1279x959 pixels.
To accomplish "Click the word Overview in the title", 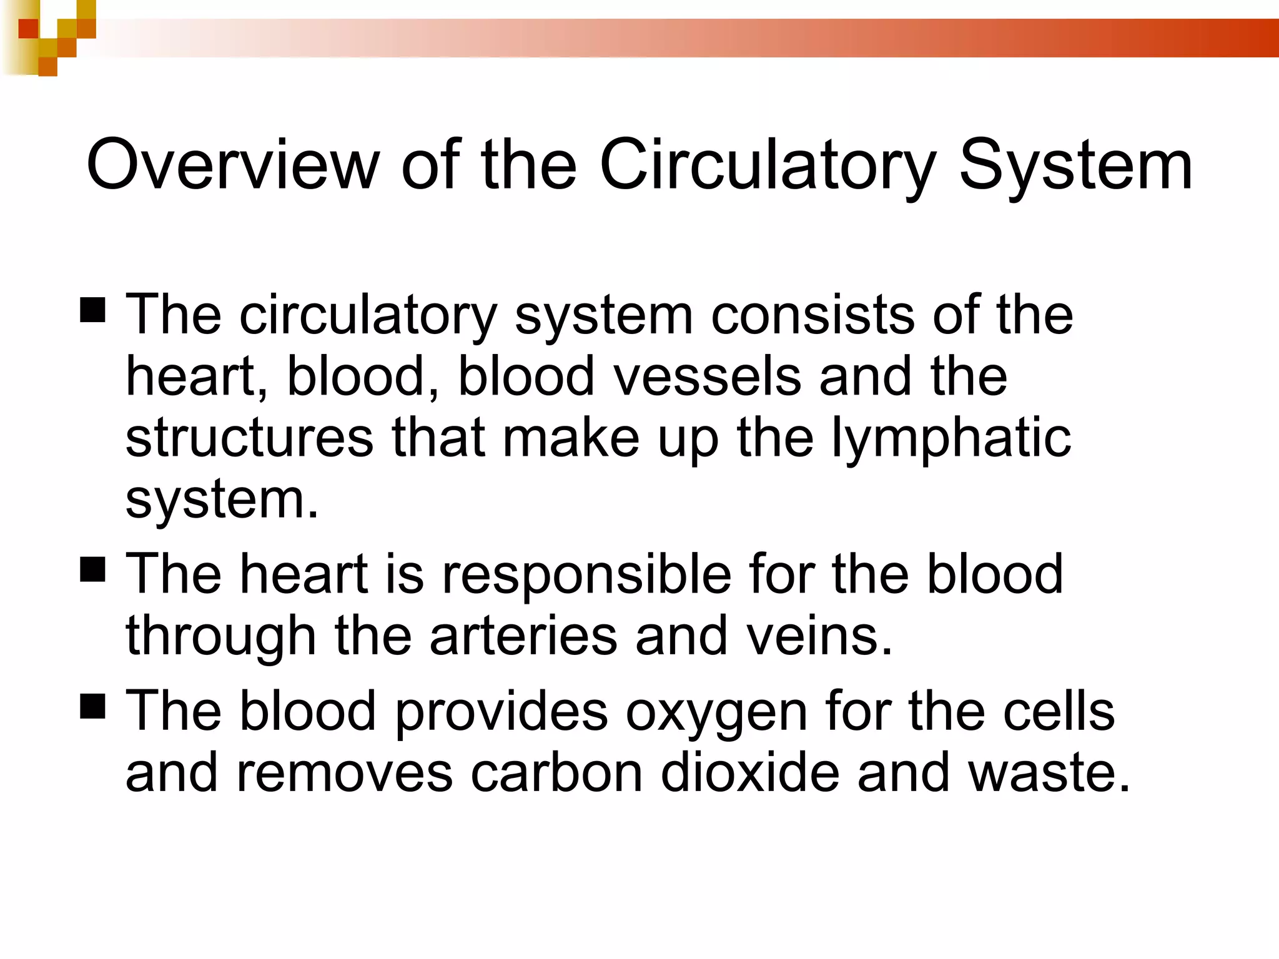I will coord(232,165).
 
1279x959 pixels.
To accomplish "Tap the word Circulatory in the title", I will coord(768,165).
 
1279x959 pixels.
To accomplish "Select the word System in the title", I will coord(1075,165).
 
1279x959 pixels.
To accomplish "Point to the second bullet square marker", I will coord(93,569).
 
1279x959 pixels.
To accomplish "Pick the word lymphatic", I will coord(951,439).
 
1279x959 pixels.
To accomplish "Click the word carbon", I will coord(556,773).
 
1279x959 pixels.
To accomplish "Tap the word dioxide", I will coord(749,773).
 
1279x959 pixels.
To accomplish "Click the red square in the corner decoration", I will coord(28,28).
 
